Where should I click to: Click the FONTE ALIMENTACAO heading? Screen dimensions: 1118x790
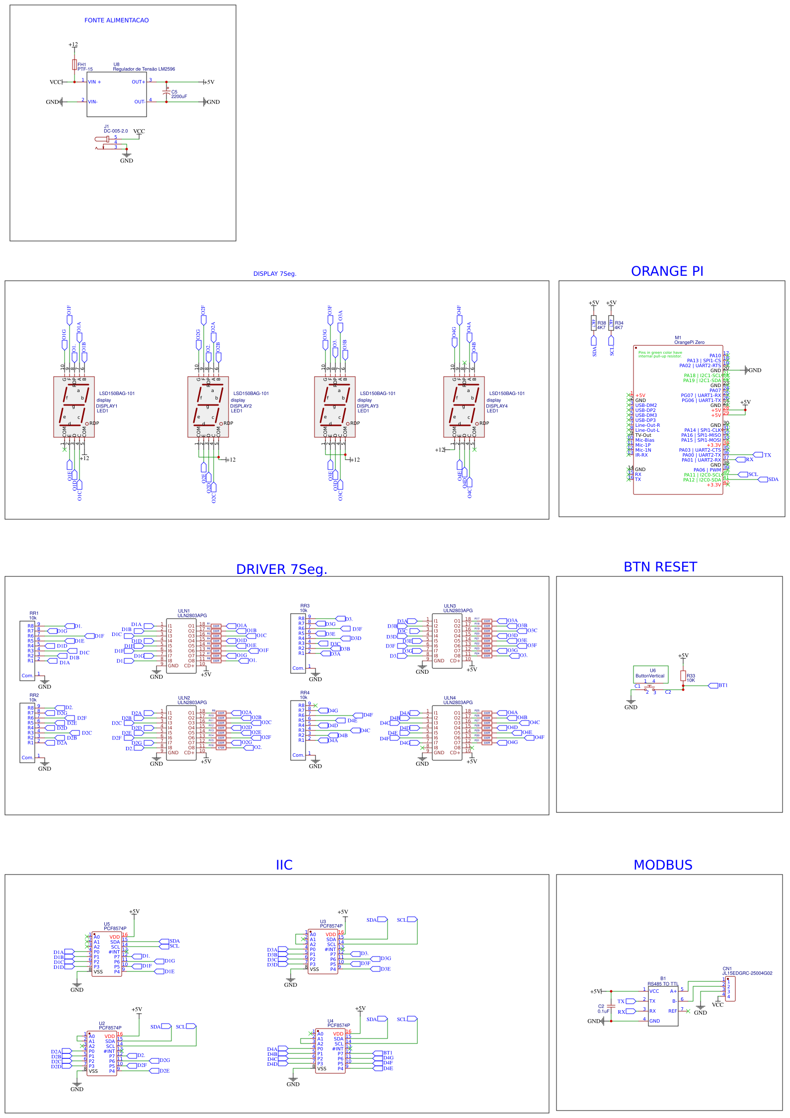[116, 20]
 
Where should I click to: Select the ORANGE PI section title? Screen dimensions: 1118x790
[667, 271]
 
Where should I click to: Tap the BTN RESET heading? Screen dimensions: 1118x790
[660, 567]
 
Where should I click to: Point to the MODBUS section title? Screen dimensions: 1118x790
[663, 865]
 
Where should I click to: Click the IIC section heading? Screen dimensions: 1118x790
[284, 865]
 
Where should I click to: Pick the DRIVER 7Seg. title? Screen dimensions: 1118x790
[282, 569]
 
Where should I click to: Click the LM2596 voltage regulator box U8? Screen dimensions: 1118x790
[117, 94]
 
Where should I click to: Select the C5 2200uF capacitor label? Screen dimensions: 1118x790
[179, 94]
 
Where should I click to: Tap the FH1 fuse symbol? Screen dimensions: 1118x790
[75, 65]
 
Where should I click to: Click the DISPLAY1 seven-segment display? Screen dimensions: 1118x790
[74, 407]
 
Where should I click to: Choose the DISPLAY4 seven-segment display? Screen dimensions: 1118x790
[464, 407]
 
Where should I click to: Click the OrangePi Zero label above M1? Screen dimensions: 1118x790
[689, 342]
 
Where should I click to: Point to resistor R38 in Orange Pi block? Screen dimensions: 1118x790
[594, 323]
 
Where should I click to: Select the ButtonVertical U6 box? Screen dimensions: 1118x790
[650, 674]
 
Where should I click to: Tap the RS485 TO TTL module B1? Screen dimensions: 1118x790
[663, 1006]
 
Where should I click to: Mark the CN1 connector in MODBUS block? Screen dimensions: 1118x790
[730, 989]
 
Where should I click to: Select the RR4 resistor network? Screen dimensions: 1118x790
[298, 730]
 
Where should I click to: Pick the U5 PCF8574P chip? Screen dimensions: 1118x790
[106, 954]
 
